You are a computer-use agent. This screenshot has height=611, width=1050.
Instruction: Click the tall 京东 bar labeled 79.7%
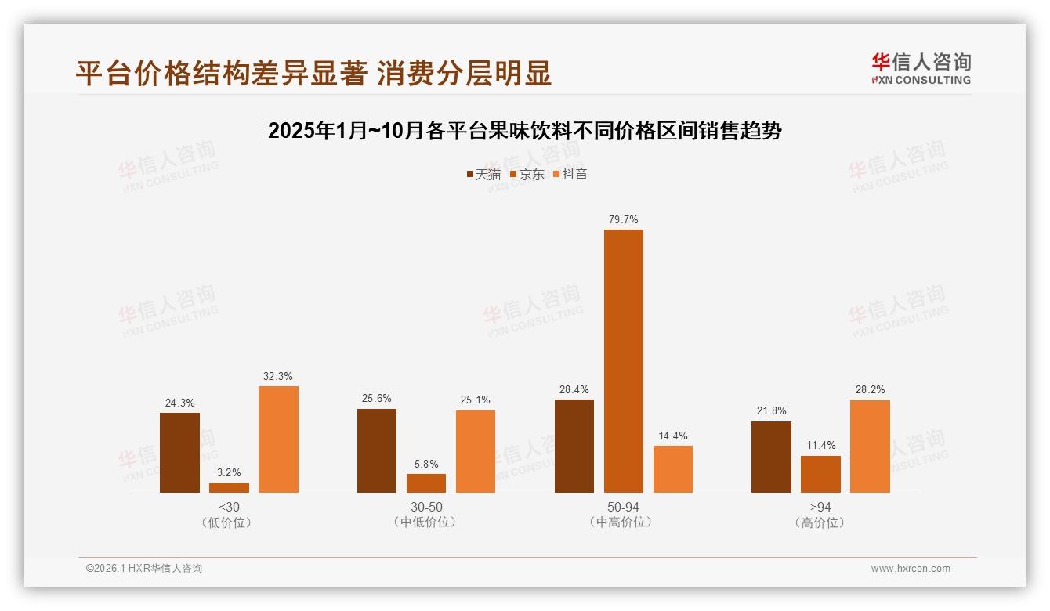623,360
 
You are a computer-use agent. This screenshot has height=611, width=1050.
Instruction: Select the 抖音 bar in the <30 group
278,439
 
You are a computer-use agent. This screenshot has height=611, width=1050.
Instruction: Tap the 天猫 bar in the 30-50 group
377,450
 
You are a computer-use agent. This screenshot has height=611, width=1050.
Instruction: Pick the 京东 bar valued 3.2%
229,487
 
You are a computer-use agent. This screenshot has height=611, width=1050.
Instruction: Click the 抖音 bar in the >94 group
870,446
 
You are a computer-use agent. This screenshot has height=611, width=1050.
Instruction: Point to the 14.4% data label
673,436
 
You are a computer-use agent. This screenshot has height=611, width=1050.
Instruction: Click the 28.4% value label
574,389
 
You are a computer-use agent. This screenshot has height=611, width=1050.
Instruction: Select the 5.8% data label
426,464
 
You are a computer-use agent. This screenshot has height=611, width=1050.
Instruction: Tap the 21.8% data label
771,411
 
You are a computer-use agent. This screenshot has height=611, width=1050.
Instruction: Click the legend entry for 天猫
483,174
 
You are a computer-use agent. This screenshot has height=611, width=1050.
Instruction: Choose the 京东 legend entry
527,174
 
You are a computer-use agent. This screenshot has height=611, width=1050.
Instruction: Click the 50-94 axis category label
623,507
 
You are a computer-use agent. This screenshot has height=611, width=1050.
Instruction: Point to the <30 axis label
229,507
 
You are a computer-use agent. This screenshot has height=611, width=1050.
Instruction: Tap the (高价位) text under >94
820,522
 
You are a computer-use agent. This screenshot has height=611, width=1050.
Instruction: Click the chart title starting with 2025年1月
524,131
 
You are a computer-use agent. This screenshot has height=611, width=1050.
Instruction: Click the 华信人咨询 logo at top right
921,68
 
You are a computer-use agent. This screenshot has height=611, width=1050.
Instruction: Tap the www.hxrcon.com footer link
911,569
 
